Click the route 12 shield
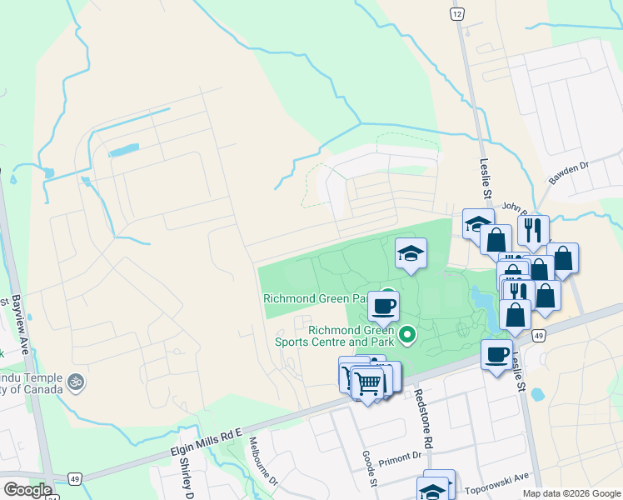[456, 14]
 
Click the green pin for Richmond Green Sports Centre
[407, 336]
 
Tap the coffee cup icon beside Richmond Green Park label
[383, 306]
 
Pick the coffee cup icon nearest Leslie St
[497, 354]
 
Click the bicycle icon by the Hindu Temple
[77, 382]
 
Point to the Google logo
[27, 489]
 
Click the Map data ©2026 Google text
[571, 492]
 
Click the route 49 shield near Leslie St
[540, 335]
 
